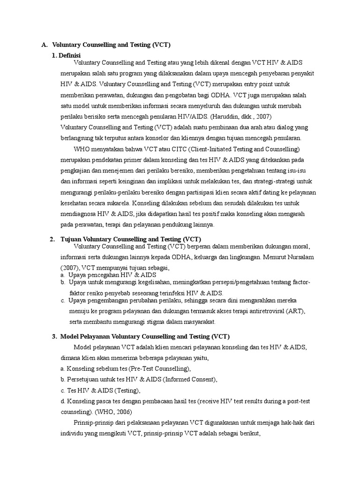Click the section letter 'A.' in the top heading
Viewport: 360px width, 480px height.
(45, 45)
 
